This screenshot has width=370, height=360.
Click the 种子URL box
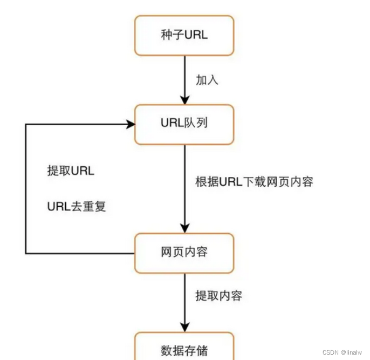pos(184,36)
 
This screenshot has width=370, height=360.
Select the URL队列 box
pos(184,124)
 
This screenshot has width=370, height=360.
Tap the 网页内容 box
pos(184,253)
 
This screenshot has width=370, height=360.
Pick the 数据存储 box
pos(184,348)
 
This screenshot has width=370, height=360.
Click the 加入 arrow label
pos(207,80)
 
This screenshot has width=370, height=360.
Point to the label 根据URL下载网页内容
pos(254,181)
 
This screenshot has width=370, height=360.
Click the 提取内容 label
pos(218,296)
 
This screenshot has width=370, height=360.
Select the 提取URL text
pos(71,171)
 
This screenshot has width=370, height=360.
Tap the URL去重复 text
pos(73,206)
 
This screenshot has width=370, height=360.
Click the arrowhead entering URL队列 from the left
pos(129,124)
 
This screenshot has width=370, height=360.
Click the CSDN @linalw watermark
pos(344,352)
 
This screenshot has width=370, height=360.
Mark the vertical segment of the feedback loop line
pos(25,188)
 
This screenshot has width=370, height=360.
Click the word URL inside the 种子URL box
pos(196,36)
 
